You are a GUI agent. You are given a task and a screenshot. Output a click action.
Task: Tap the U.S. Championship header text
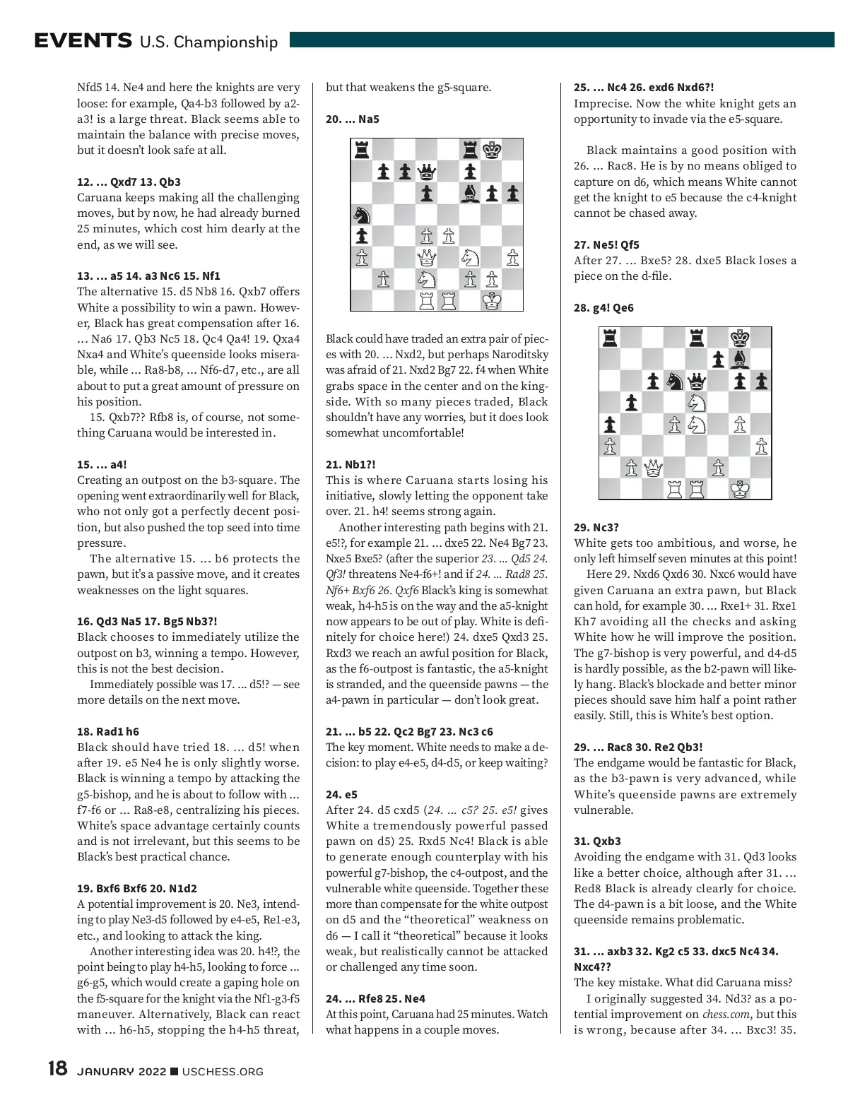point(208,42)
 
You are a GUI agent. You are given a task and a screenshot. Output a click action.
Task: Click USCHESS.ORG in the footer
point(223,1072)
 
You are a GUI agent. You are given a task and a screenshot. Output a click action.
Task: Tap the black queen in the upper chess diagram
point(426,171)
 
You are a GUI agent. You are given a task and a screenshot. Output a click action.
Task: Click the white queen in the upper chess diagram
point(426,257)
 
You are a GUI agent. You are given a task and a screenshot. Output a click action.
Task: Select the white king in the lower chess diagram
point(739,488)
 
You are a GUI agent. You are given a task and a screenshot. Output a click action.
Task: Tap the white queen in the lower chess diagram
point(653,467)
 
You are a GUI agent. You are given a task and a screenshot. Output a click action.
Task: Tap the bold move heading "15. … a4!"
point(102,464)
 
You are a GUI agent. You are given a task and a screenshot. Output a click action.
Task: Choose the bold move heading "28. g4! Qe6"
point(603,307)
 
